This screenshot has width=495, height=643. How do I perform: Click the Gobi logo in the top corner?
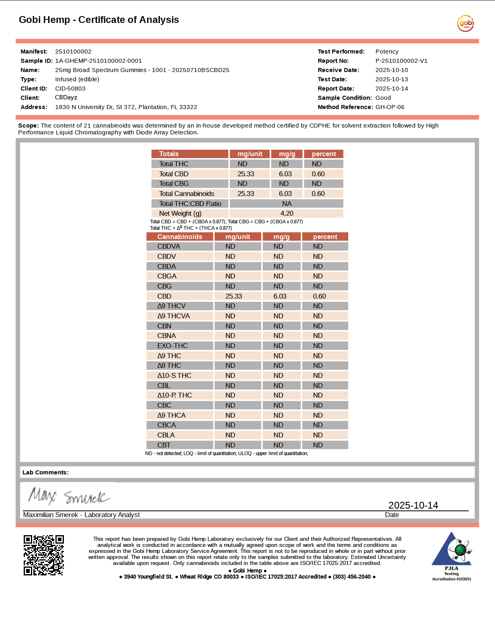coord(465,23)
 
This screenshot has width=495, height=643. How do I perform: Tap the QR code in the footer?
coord(44,555)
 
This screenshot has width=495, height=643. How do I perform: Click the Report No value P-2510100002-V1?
coord(401,61)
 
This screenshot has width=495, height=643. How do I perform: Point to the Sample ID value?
coord(98,61)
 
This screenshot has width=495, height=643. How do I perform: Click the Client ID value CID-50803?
coord(70,89)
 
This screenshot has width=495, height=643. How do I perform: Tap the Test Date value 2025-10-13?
coord(392,79)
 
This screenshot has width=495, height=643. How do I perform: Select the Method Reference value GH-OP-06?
coord(390,107)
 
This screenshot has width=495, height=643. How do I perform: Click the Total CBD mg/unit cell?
coord(246,174)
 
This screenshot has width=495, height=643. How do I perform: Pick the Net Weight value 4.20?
coord(287,213)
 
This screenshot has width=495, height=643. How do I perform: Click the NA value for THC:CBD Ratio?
coord(287,204)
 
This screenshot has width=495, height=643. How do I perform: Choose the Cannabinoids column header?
coord(180,237)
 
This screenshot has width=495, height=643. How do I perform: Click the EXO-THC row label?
coord(172,346)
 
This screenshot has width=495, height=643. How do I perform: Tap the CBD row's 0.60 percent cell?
coord(319,296)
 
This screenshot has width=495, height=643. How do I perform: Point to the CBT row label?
coord(164,445)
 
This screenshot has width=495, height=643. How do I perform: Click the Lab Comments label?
coord(45,472)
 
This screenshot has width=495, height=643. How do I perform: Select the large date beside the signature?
coord(413,505)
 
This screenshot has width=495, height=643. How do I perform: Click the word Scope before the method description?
coord(28,126)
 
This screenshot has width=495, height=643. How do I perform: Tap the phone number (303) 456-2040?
coord(352,577)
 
